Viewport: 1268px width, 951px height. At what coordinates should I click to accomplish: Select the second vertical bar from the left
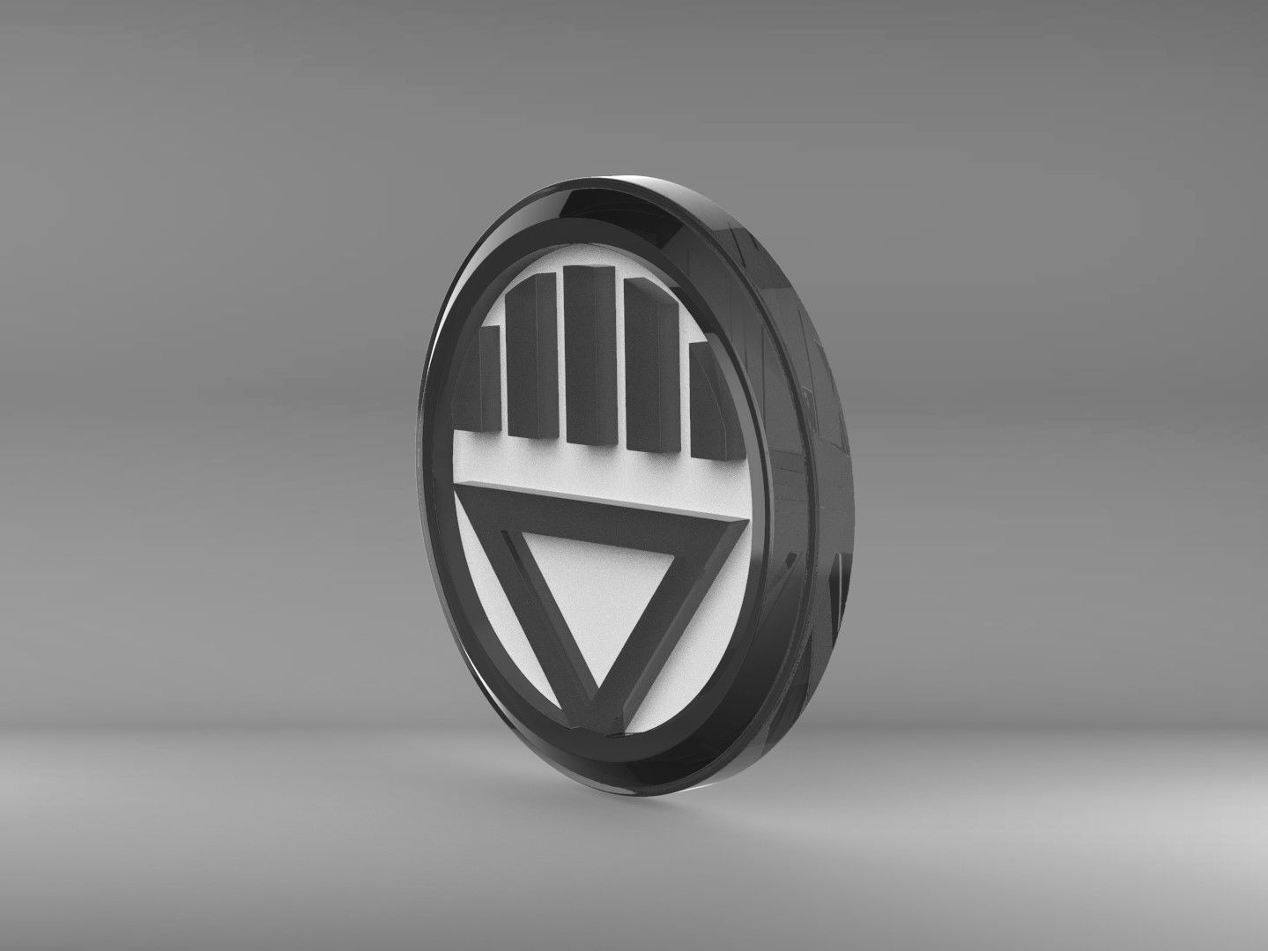click(x=533, y=361)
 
